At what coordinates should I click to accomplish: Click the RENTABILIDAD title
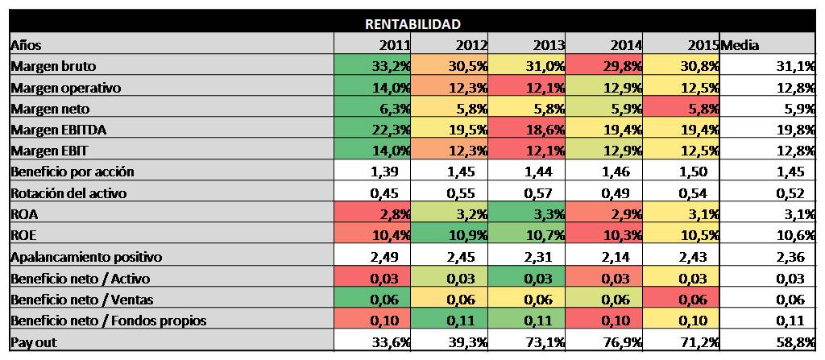tap(412, 24)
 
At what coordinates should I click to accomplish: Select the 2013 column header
tap(548, 45)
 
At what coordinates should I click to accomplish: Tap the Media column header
tap(740, 45)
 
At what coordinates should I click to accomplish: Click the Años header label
tap(26, 45)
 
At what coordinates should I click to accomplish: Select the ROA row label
tap(23, 214)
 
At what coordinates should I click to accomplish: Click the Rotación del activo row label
tap(68, 193)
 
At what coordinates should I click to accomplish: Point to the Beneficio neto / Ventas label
tap(82, 300)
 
